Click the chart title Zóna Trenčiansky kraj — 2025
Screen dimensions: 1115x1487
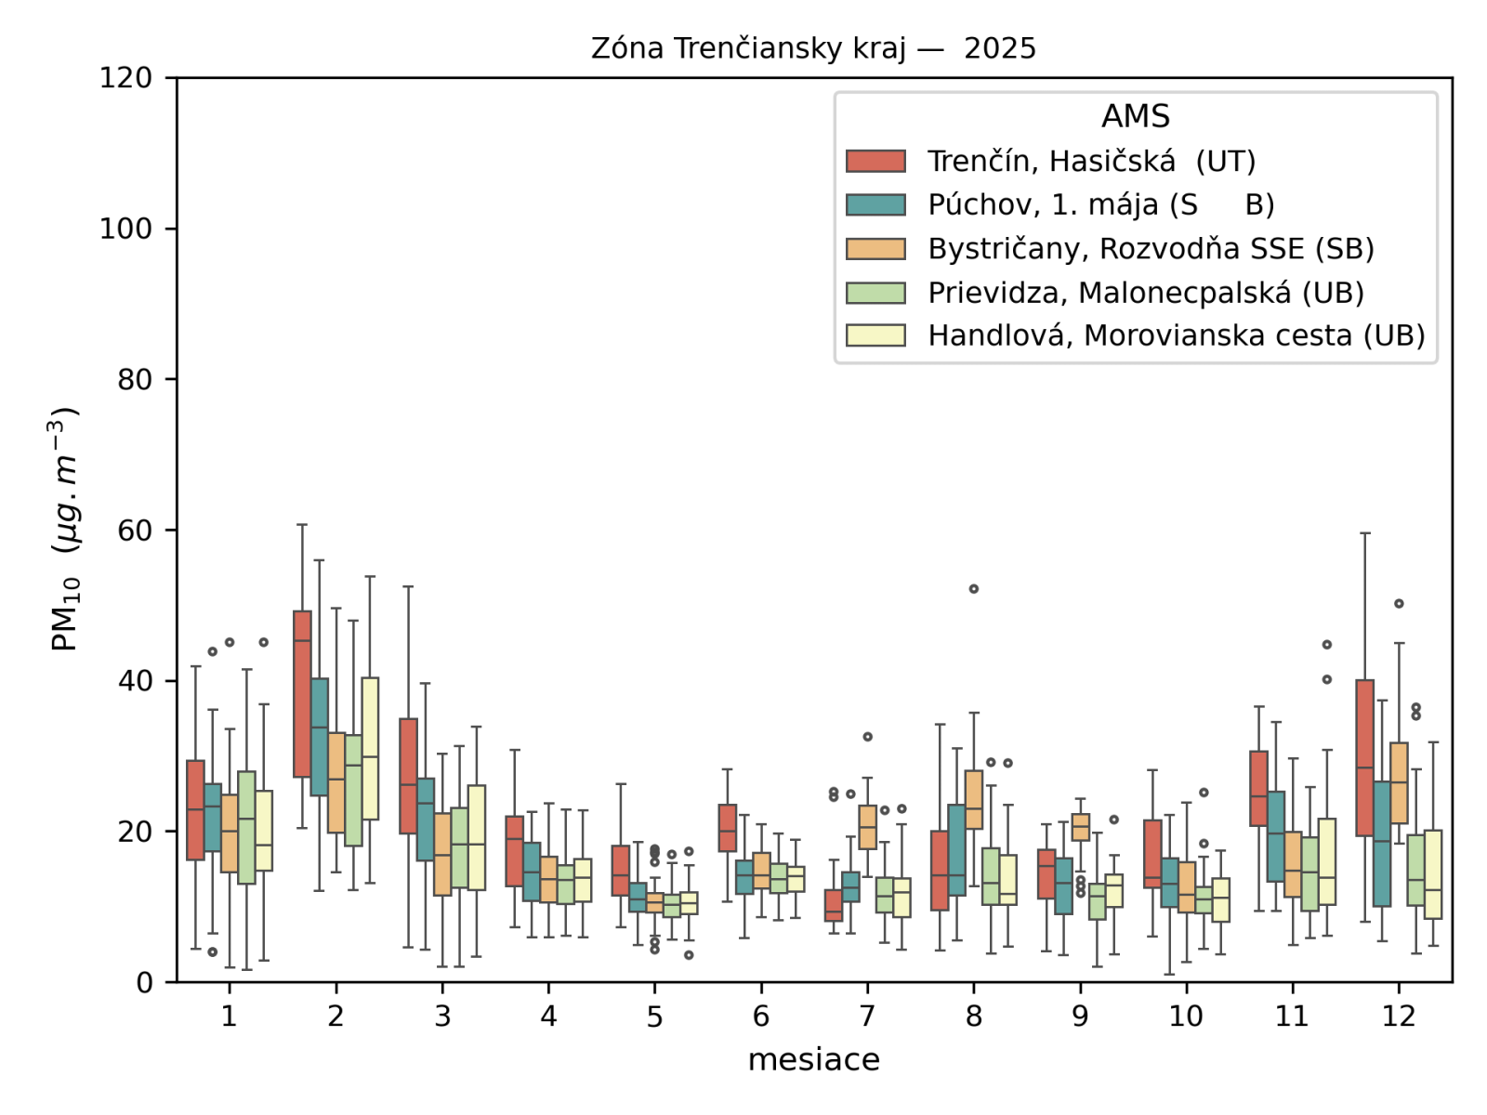tap(813, 48)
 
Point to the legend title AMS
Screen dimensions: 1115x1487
tap(1135, 117)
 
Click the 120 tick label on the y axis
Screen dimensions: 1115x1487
tap(126, 78)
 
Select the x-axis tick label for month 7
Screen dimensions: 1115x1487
tap(867, 1017)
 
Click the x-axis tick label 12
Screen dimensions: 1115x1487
tap(1398, 1017)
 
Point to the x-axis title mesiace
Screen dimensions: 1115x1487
tap(813, 1060)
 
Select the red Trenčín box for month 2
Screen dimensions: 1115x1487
tap(302, 693)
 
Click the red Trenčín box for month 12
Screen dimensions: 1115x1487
tap(1364, 757)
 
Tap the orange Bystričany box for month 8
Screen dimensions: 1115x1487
tap(974, 799)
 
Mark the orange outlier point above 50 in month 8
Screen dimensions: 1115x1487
tap(974, 589)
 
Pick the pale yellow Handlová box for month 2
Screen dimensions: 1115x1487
tap(370, 748)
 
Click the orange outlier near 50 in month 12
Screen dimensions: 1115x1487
tap(1399, 604)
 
